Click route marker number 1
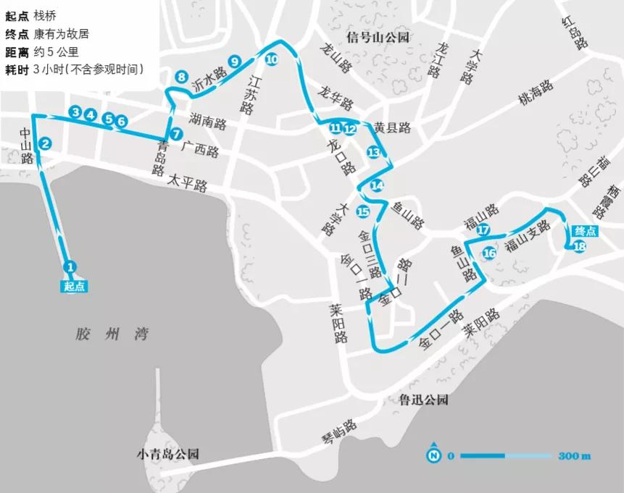[70, 266]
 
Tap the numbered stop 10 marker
[271, 60]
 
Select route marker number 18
[579, 246]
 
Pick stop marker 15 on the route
[363, 211]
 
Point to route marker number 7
[176, 133]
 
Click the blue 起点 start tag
[74, 286]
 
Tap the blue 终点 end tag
[585, 231]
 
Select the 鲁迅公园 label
[424, 399]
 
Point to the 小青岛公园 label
[167, 455]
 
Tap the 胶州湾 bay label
[111, 334]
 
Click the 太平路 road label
[187, 184]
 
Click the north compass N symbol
[434, 455]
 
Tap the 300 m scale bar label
[575, 456]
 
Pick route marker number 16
[489, 253]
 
